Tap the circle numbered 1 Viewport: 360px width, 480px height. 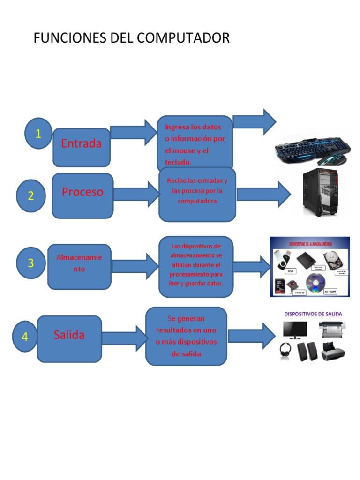pyautogui.click(x=38, y=134)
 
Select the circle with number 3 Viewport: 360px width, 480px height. pyautogui.click(x=31, y=263)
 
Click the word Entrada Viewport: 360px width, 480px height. pyautogui.click(x=81, y=143)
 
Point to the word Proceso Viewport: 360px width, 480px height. pyautogui.click(x=82, y=192)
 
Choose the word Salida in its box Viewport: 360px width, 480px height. pyautogui.click(x=69, y=335)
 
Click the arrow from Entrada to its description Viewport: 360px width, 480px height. pyautogui.click(x=134, y=132)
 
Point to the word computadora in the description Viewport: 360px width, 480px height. pyautogui.click(x=197, y=201)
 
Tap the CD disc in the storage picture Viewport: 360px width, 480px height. pyautogui.click(x=315, y=282)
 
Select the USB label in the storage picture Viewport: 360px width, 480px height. pyautogui.click(x=290, y=271)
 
